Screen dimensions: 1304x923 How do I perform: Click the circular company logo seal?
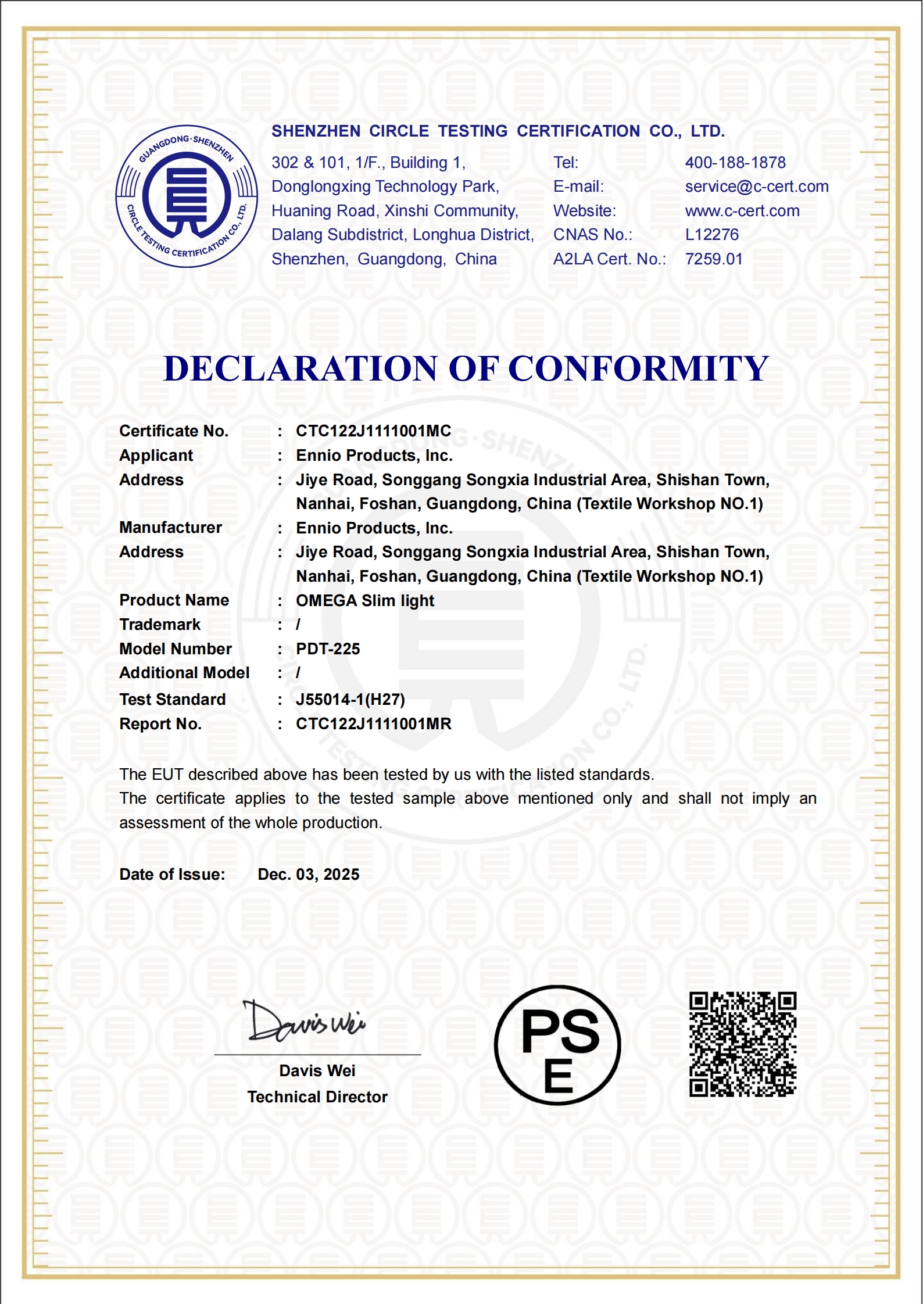click(187, 196)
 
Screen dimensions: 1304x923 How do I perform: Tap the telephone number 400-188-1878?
click(735, 163)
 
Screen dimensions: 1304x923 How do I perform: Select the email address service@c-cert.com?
click(756, 187)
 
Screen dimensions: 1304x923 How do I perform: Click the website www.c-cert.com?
click(742, 211)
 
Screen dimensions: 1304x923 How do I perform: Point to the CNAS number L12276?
click(711, 235)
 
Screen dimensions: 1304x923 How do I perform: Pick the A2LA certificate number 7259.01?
click(713, 259)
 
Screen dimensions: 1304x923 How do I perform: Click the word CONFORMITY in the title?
click(638, 368)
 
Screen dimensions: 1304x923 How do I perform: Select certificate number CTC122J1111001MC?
click(373, 431)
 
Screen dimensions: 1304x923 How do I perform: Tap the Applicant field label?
click(156, 456)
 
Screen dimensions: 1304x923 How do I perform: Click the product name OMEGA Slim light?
click(364, 601)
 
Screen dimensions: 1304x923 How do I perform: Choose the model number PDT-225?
click(328, 649)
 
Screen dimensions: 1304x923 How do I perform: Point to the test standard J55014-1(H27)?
click(350, 700)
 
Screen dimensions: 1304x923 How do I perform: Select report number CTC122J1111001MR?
click(373, 724)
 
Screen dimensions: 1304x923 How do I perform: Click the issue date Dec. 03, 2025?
click(308, 875)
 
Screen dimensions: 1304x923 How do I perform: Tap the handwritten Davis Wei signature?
click(305, 1022)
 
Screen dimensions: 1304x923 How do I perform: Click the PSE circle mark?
click(557, 1045)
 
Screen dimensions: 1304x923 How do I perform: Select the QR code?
click(742, 1044)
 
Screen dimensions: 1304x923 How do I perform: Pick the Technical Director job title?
click(317, 1097)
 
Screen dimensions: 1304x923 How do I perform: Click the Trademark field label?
click(160, 625)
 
